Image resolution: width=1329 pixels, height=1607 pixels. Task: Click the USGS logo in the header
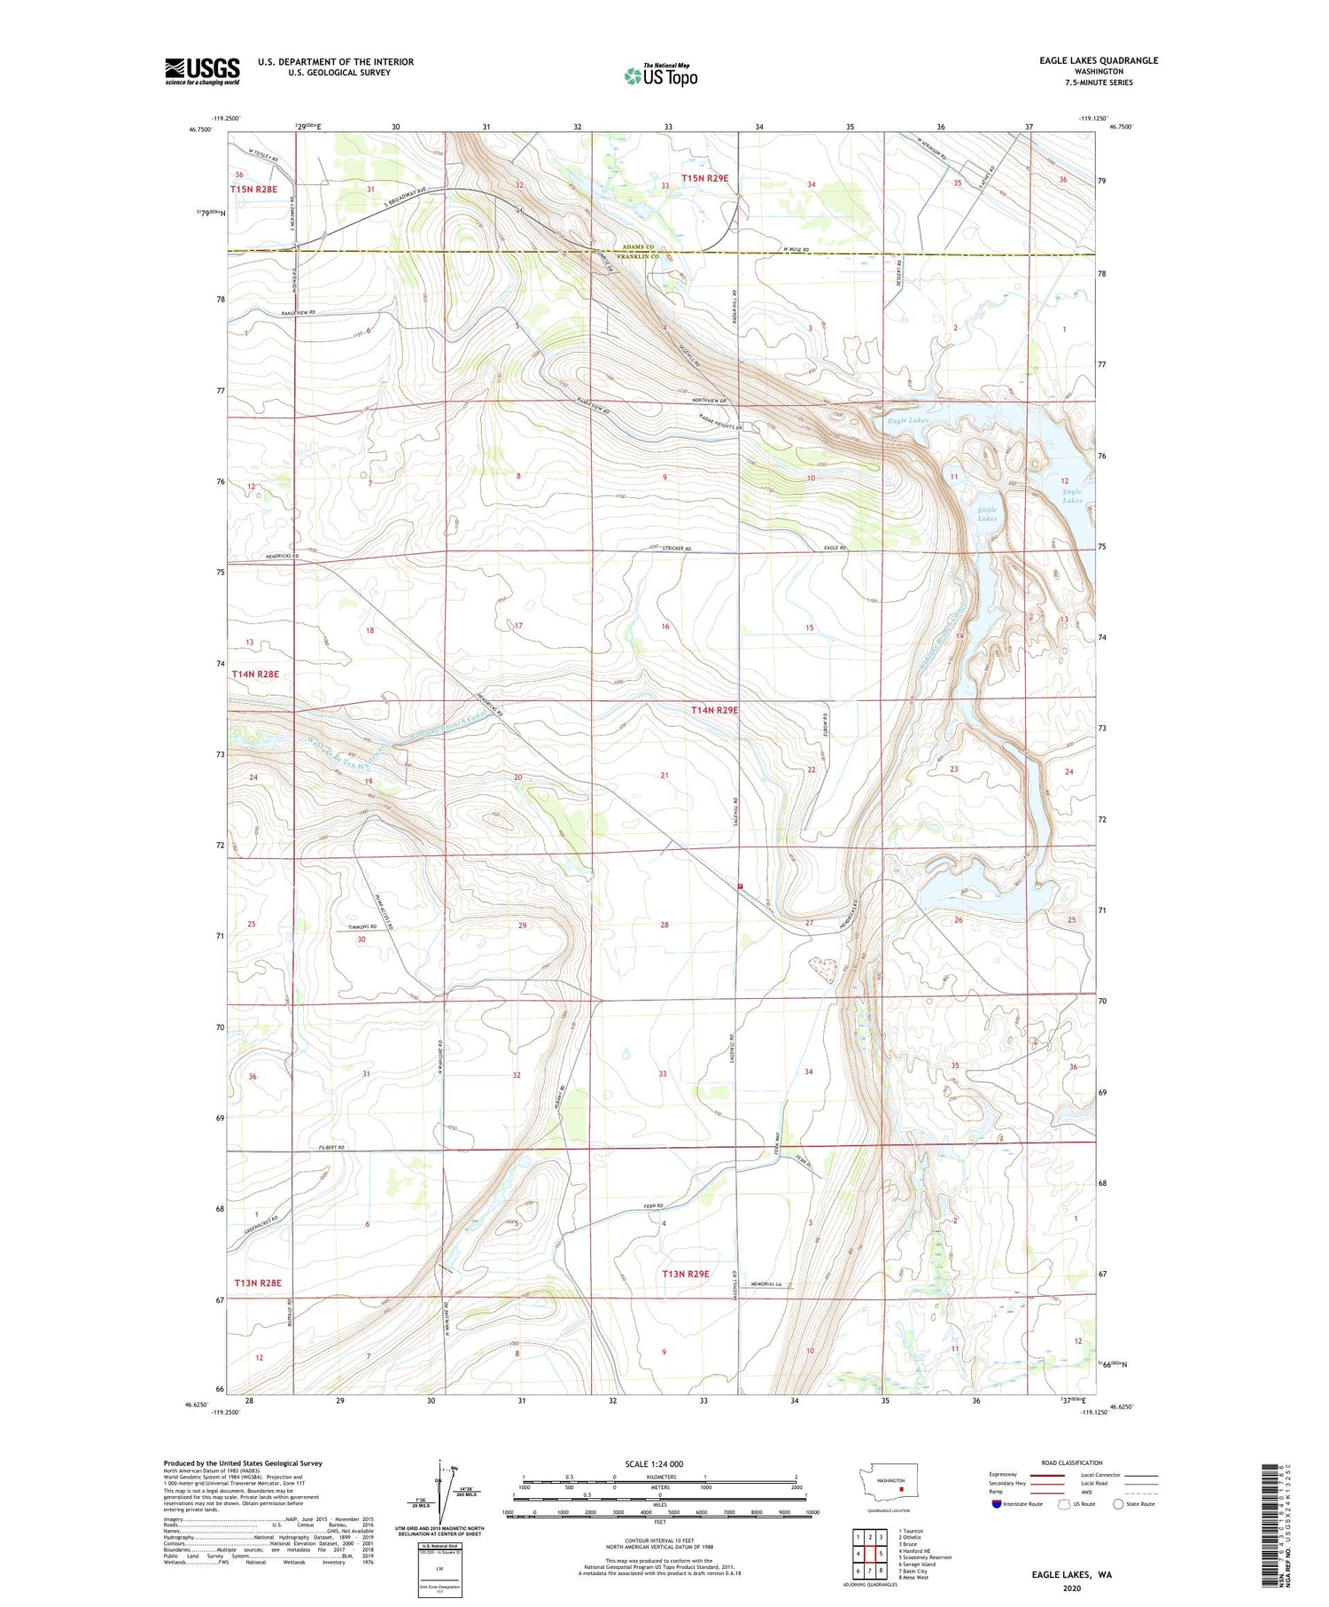pyautogui.click(x=202, y=71)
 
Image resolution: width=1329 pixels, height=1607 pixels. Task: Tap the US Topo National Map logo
pyautogui.click(x=661, y=75)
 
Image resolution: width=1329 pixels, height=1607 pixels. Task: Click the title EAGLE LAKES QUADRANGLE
pyautogui.click(x=1099, y=60)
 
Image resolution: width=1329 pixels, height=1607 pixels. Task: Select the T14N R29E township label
pyautogui.click(x=714, y=710)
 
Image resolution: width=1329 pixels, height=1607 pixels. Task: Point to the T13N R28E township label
pyautogui.click(x=258, y=1283)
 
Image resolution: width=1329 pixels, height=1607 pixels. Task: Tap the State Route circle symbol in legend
pyautogui.click(x=1118, y=1504)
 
